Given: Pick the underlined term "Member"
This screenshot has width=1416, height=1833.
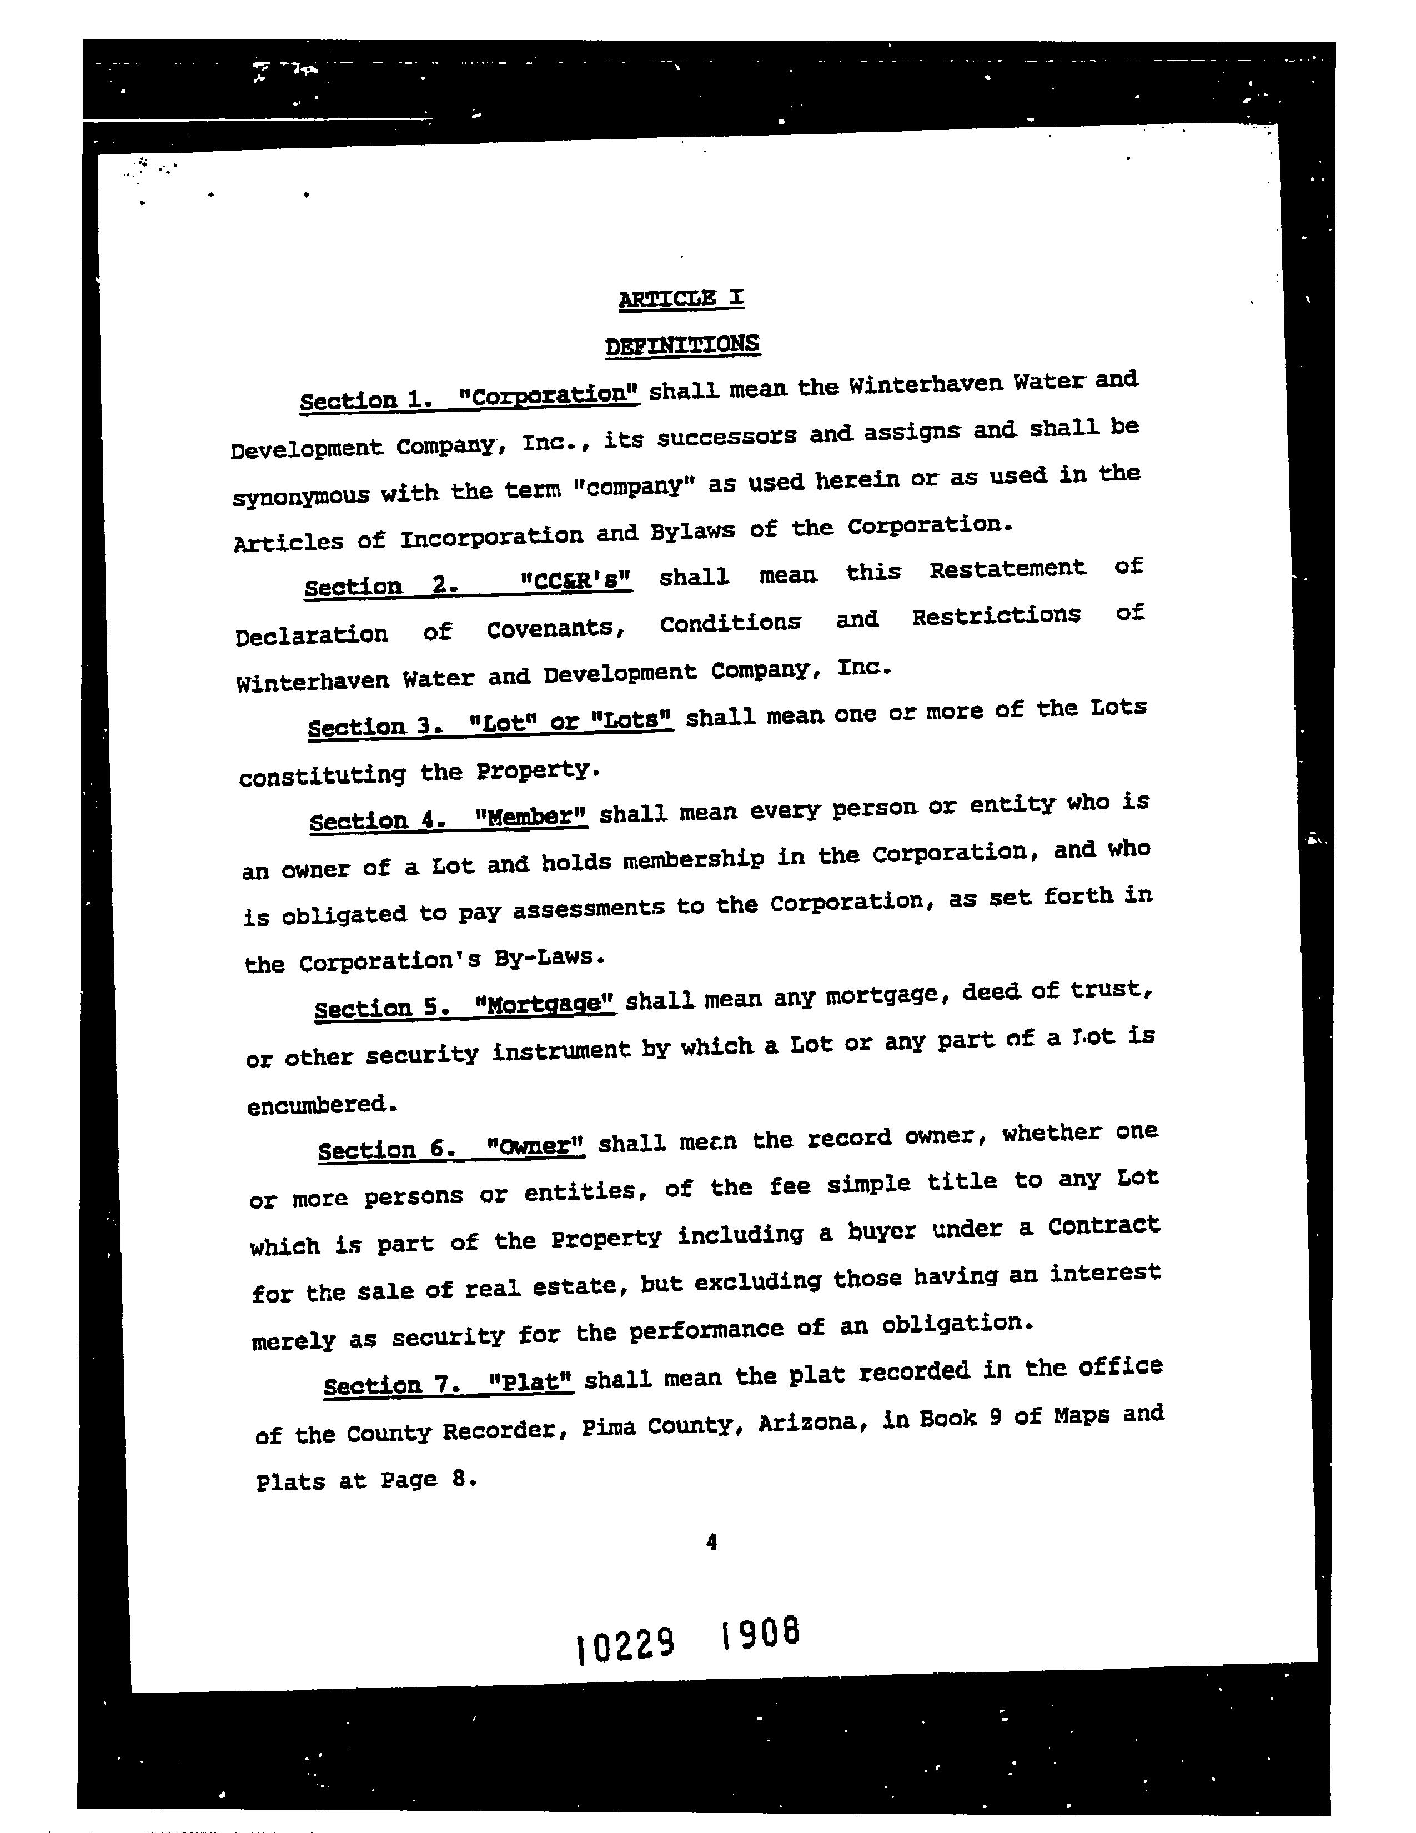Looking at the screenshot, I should point(531,816).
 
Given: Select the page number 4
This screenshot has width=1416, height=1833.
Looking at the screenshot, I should point(711,1542).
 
